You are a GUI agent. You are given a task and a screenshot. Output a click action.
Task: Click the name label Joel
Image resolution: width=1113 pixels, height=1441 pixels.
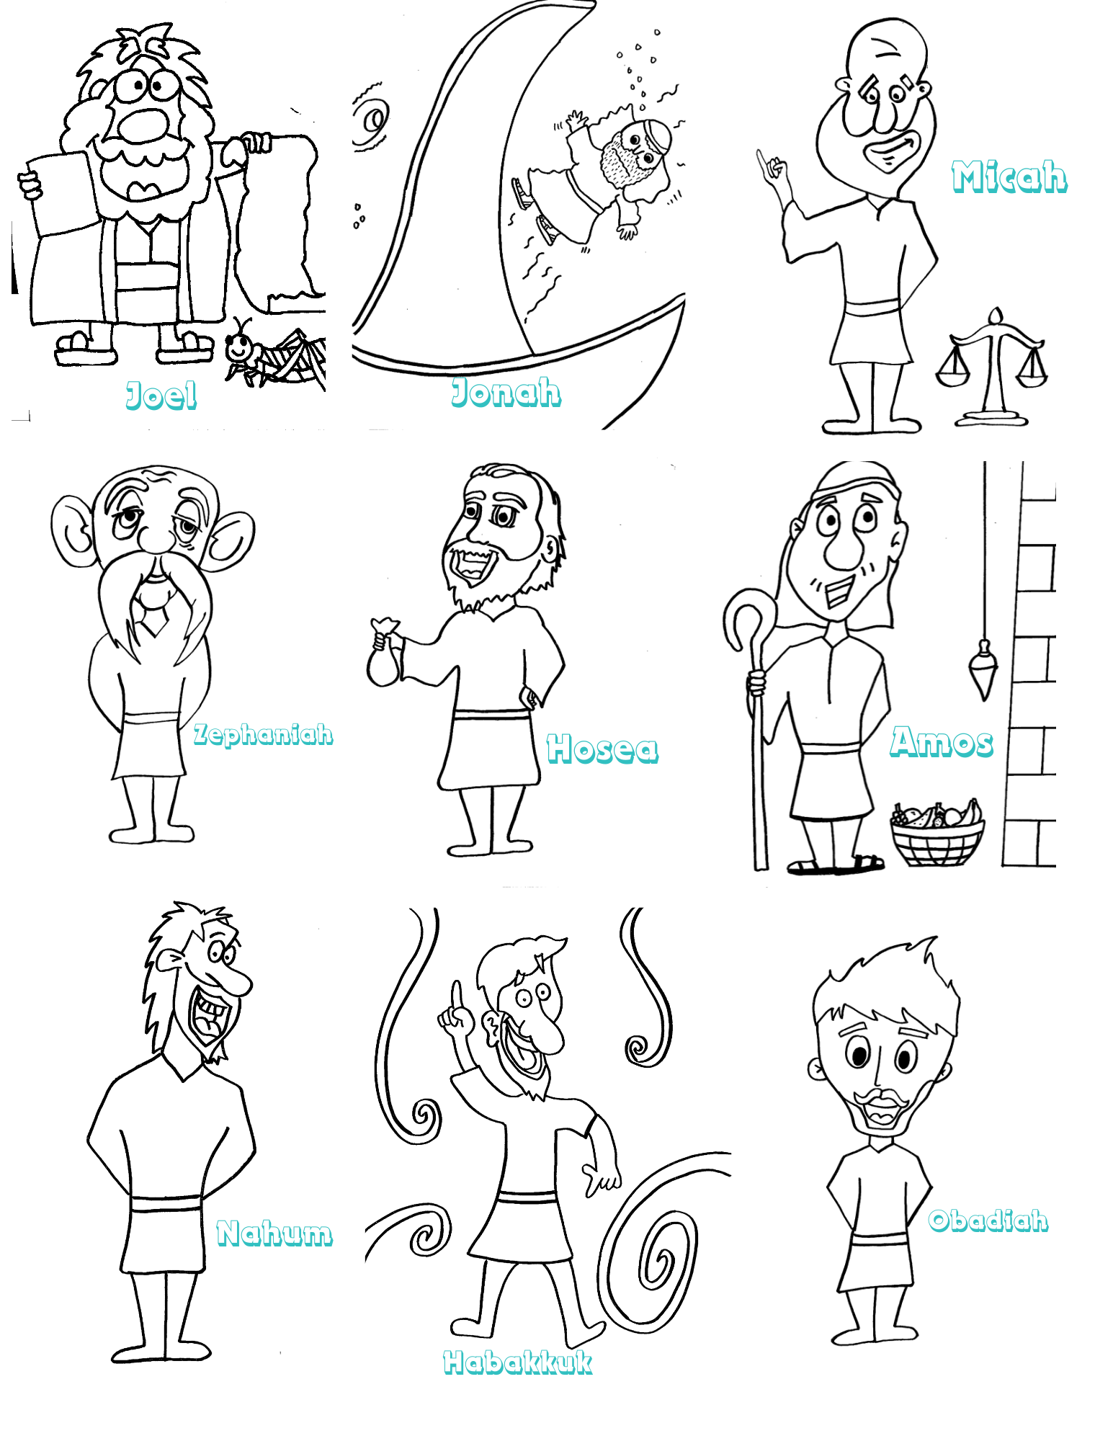click(161, 395)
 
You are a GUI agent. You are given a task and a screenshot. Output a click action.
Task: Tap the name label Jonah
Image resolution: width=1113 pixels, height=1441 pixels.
click(506, 392)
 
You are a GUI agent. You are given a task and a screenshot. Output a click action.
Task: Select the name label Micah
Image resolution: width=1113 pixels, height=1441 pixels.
click(1009, 177)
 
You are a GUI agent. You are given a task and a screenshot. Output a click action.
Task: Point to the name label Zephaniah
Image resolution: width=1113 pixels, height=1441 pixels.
click(263, 734)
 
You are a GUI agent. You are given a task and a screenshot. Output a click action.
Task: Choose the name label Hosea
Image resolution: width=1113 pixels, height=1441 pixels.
click(602, 748)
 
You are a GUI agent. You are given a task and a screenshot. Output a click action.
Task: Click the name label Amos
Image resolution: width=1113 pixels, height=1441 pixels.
click(942, 741)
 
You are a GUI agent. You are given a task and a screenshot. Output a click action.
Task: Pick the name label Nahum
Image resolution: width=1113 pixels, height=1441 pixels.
click(274, 1233)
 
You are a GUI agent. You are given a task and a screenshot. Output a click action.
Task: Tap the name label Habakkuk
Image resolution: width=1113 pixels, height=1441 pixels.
click(518, 1362)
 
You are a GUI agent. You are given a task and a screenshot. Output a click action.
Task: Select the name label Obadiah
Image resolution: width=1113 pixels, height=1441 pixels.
click(988, 1220)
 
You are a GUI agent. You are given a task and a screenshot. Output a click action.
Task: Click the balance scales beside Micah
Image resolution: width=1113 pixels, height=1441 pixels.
click(992, 367)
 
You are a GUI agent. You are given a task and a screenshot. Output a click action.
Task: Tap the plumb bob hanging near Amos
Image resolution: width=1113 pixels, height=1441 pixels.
click(984, 669)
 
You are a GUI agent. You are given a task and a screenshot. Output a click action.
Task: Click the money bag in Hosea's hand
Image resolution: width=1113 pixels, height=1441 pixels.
click(383, 653)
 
